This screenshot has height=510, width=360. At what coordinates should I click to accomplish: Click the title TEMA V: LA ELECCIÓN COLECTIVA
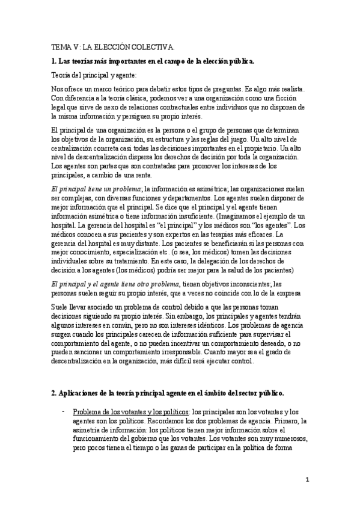coord(112,46)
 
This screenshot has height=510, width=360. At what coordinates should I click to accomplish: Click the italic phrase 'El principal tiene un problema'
coord(100,189)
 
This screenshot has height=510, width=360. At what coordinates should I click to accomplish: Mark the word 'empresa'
coord(294,293)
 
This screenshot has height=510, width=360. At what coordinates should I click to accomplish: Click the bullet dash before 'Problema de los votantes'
coord(63,411)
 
